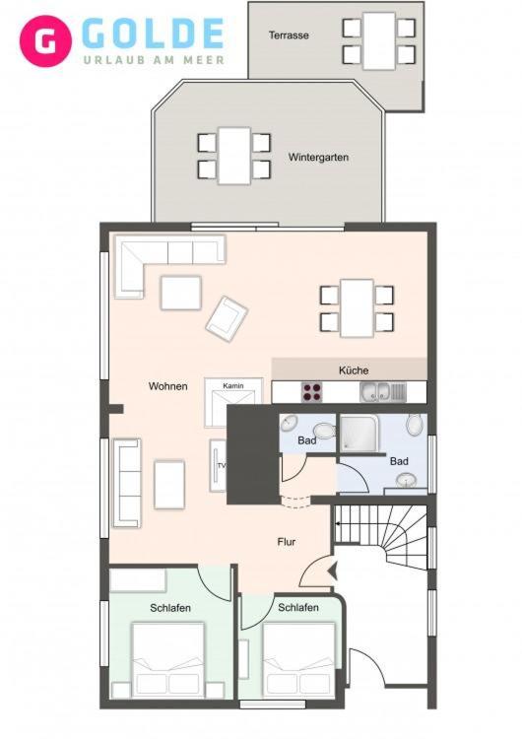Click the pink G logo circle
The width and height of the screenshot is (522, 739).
(45, 41)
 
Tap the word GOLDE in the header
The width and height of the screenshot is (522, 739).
(153, 34)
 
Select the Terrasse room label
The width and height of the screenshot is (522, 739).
(289, 35)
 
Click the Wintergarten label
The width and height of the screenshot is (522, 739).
(318, 158)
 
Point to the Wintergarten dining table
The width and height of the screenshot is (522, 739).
(234, 156)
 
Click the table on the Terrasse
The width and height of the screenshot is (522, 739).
(379, 41)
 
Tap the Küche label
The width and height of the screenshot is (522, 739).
(354, 370)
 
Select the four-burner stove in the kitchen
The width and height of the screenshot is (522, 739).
(312, 391)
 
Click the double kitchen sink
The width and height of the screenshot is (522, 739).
(382, 392)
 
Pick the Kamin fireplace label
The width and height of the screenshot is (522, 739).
(233, 385)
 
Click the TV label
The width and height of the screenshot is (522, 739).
(221, 466)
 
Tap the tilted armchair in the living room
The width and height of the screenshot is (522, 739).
(227, 318)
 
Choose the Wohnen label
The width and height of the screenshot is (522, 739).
(168, 386)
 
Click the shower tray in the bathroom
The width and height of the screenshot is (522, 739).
(359, 433)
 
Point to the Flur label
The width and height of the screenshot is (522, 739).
(287, 542)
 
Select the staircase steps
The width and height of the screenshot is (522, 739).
(380, 536)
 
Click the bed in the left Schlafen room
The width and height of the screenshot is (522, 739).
(168, 660)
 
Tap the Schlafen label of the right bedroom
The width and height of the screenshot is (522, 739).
(298, 608)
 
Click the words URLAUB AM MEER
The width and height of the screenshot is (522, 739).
(154, 60)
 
